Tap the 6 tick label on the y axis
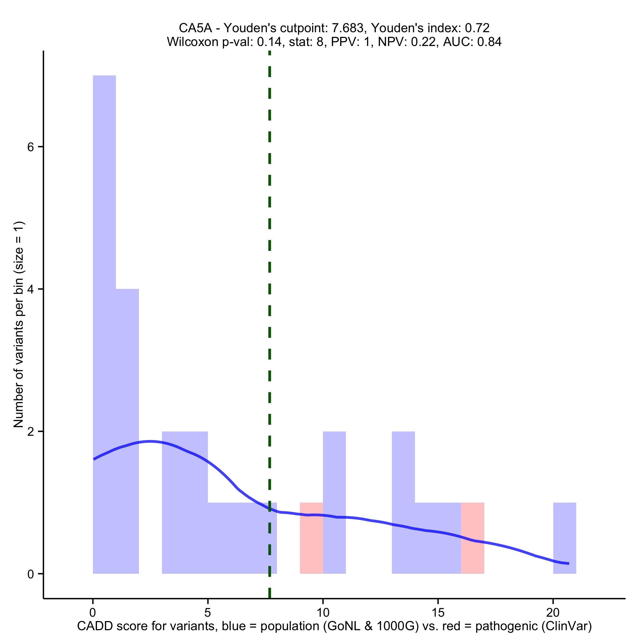click(x=31, y=147)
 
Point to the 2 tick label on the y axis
click(x=31, y=432)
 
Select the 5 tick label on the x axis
click(x=208, y=613)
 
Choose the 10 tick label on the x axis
click(x=323, y=613)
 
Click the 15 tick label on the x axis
click(x=438, y=613)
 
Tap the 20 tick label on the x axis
click(x=553, y=613)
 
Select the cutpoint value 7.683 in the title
click(x=347, y=28)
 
